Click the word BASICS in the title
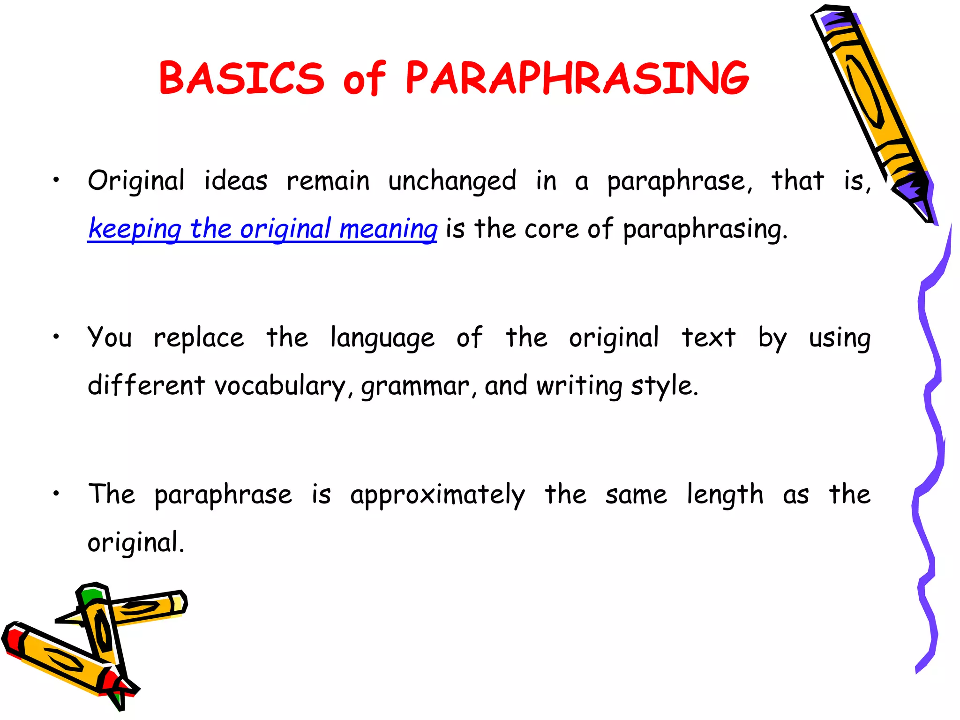click(x=241, y=78)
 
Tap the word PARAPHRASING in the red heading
click(x=577, y=78)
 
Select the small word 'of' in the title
click(x=364, y=78)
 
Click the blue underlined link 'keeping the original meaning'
click(x=262, y=229)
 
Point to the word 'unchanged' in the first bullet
click(x=452, y=181)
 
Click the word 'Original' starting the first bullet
click(x=136, y=181)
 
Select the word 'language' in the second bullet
click(x=382, y=338)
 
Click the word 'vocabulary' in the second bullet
click(x=280, y=386)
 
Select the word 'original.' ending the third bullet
click(x=136, y=543)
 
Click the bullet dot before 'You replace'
click(x=56, y=336)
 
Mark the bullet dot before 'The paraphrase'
click(x=56, y=493)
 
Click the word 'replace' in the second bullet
click(x=199, y=338)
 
